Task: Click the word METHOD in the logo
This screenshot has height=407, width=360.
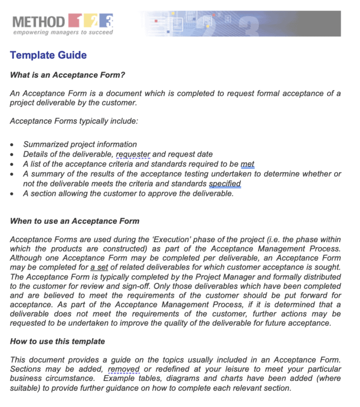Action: pyautogui.click(x=38, y=22)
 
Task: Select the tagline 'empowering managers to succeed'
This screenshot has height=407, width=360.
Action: pyautogui.click(x=63, y=32)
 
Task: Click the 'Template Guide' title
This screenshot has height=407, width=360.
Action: pyautogui.click(x=48, y=55)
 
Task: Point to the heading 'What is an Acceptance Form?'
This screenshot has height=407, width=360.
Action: pyautogui.click(x=67, y=75)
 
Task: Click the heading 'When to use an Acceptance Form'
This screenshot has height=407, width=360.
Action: pyautogui.click(x=75, y=221)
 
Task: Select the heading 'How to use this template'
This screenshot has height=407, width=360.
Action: pyautogui.click(x=57, y=341)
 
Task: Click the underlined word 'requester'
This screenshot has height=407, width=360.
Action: pyautogui.click(x=133, y=154)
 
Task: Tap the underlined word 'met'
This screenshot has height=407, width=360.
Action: pyautogui.click(x=247, y=164)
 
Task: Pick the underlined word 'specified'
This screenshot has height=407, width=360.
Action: pyautogui.click(x=225, y=184)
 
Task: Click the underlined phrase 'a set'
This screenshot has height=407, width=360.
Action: pyautogui.click(x=99, y=267)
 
